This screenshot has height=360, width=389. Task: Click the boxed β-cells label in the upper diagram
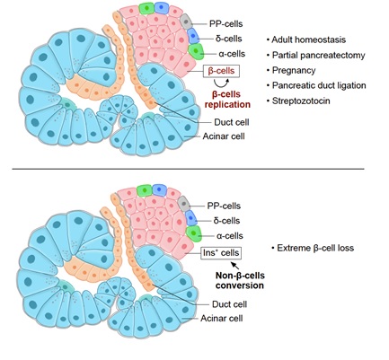click(221, 71)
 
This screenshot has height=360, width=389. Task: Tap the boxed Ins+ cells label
click(221, 253)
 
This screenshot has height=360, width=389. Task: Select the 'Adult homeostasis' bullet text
click(308, 40)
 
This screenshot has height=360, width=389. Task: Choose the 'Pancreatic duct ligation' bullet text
click(319, 85)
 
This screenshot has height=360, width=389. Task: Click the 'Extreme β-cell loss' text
click(315, 248)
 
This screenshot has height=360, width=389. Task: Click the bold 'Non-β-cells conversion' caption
click(240, 280)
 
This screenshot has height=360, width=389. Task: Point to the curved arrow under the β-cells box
click(221, 84)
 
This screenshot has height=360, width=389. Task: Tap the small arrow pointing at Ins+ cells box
click(235, 265)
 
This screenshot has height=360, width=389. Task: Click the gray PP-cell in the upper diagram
click(186, 22)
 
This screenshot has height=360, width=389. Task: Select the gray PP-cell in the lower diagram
click(184, 204)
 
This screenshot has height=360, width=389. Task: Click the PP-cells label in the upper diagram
click(225, 24)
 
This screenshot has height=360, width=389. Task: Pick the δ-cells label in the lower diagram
click(226, 221)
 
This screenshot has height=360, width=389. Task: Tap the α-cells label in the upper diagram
click(232, 54)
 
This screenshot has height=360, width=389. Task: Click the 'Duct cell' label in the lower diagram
click(230, 304)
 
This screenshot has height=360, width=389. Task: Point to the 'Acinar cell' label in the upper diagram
click(224, 136)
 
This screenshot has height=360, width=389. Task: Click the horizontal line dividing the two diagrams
click(188, 169)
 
